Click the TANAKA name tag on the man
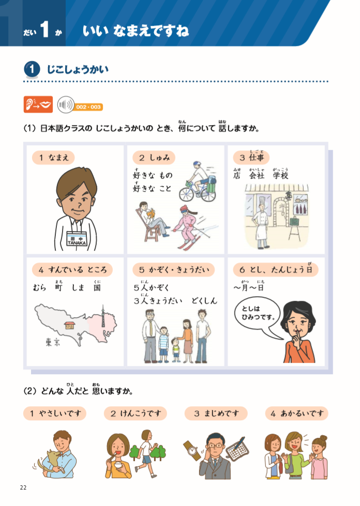(76, 240)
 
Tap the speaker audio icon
(65, 105)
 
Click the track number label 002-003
(88, 107)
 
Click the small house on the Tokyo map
(69, 326)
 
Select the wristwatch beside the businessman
(193, 450)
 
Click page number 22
(23, 487)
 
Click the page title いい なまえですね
(136, 31)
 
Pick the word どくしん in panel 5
(204, 300)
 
